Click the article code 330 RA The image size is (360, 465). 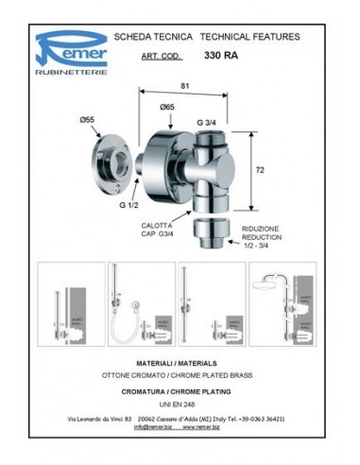[x=223, y=56]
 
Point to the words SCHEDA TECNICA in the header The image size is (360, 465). [x=154, y=36]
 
